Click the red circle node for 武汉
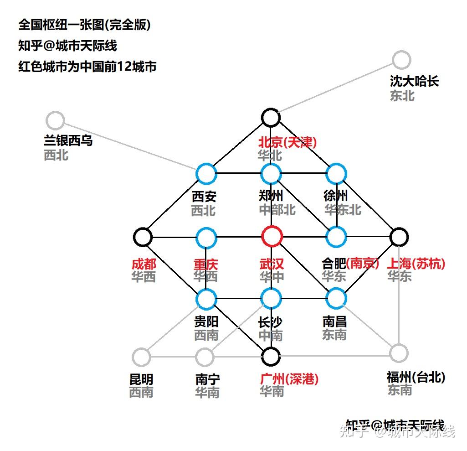click(x=272, y=237)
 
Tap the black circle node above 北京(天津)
click(x=271, y=117)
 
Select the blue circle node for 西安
click(x=206, y=174)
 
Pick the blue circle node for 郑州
click(x=271, y=174)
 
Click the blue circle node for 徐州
click(x=336, y=174)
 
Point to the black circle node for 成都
click(x=143, y=237)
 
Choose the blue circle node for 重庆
click(x=206, y=237)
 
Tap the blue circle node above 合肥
click(x=336, y=237)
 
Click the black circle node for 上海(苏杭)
click(x=399, y=237)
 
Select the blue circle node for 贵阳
click(x=206, y=299)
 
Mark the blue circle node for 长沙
click(x=271, y=299)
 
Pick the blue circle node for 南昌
click(x=336, y=299)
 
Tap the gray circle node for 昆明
click(x=141, y=356)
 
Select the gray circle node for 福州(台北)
click(x=399, y=353)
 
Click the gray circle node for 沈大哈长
click(x=401, y=60)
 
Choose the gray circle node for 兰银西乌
click(x=56, y=121)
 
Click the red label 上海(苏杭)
click(x=416, y=264)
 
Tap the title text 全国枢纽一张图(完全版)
click(x=84, y=25)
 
